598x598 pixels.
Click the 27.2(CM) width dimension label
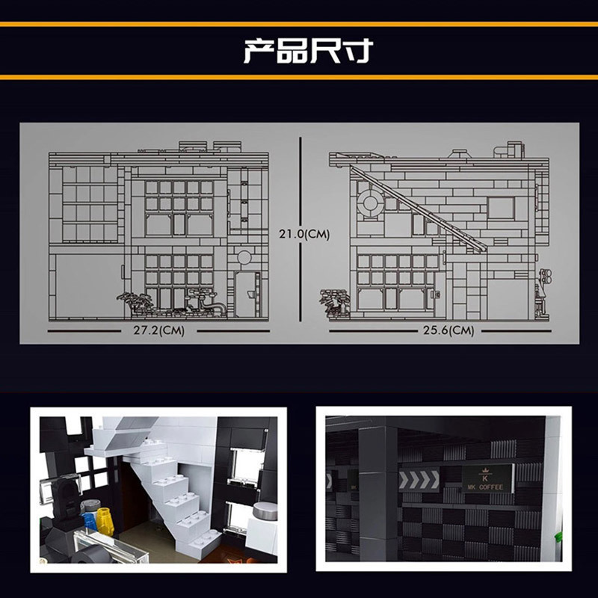[x=158, y=330]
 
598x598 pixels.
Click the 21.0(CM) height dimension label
[x=304, y=234]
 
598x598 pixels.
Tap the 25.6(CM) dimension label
[x=449, y=330]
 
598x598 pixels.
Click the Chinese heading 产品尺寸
[x=308, y=51]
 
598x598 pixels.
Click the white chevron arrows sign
[x=419, y=480]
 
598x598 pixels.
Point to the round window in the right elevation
[x=370, y=203]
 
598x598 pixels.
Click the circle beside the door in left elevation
[x=244, y=257]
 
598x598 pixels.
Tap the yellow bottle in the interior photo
[x=105, y=520]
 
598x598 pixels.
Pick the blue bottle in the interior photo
[x=90, y=521]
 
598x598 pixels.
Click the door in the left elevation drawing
[x=247, y=294]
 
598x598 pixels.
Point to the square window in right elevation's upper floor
[x=501, y=209]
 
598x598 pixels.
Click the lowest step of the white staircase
[x=200, y=541]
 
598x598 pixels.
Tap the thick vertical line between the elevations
[x=300, y=229]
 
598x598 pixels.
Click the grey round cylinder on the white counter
[x=265, y=511]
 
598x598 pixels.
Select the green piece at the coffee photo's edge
[x=558, y=537]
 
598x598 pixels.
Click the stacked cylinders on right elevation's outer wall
[x=546, y=277]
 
